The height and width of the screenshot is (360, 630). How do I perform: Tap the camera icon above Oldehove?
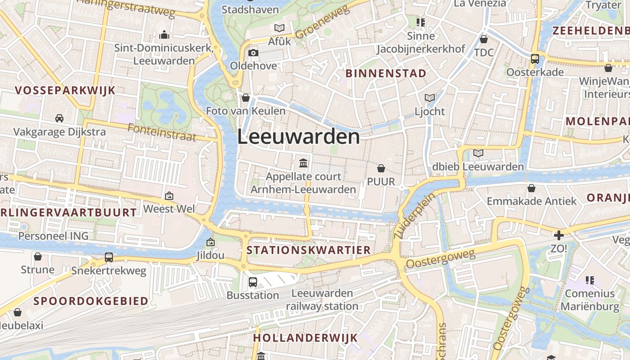(253, 53)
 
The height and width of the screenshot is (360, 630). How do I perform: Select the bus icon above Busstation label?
(253, 282)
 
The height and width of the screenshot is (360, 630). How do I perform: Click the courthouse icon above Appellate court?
(303, 162)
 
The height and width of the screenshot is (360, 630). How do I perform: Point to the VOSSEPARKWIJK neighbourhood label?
(65, 90)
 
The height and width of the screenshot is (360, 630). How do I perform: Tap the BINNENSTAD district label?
(386, 73)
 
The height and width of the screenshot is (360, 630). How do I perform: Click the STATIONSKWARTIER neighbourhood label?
(309, 250)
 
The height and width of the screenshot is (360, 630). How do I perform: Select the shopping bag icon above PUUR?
(381, 168)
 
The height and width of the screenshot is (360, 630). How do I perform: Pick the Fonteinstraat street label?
(162, 132)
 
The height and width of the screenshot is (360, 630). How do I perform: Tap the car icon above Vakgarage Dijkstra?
(59, 118)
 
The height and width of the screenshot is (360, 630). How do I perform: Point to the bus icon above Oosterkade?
(535, 58)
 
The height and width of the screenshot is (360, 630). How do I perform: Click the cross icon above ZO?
(558, 235)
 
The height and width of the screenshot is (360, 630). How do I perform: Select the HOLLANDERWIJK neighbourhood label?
(305, 337)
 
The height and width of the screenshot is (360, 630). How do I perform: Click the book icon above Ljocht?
(430, 98)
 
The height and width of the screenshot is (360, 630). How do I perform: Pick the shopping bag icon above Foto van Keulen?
(246, 97)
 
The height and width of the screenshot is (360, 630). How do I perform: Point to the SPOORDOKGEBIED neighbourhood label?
(91, 301)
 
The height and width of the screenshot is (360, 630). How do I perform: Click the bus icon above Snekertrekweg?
(109, 257)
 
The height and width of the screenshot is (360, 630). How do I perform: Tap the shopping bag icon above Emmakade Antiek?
(531, 188)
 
